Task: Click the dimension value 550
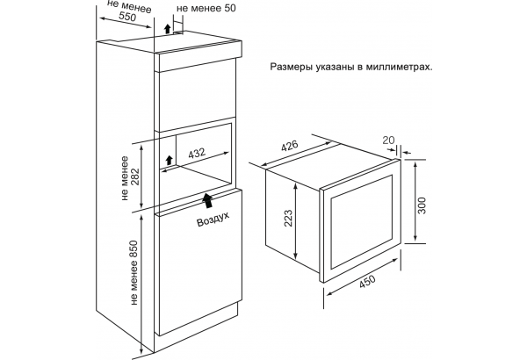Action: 128,16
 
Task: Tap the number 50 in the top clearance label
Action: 228,8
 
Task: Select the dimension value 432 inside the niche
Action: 197,154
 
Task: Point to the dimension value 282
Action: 135,176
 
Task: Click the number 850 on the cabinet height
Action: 134,249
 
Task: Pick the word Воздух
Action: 213,219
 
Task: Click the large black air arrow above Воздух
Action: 207,200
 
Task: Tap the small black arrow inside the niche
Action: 170,160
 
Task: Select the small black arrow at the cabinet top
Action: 168,29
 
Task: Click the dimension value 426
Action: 289,147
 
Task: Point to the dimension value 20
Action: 389,140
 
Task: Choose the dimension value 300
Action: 422,205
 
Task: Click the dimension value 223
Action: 288,218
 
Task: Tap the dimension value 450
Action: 367,282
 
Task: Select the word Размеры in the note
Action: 292,68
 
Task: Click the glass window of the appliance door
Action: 362,221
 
